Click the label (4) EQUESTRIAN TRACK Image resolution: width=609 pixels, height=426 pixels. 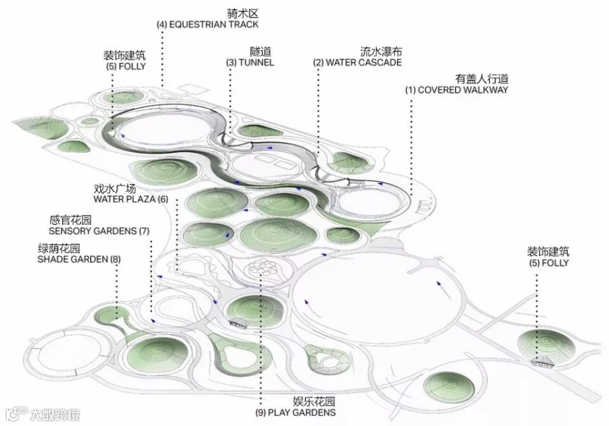click(208, 24)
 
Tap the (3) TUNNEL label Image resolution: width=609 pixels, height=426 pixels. click(250, 62)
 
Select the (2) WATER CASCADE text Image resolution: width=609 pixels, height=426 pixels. click(357, 62)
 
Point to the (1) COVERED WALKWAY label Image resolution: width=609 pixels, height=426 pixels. click(457, 90)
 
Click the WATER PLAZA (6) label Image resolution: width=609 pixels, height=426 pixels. click(131, 199)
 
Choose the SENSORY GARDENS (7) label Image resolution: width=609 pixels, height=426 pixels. click(99, 231)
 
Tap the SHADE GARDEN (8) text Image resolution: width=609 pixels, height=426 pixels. click(79, 259)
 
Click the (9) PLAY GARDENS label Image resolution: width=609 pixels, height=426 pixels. click(296, 412)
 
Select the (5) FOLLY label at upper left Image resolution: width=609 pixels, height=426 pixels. click(126, 66)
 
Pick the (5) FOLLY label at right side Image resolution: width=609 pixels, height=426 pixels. click(549, 263)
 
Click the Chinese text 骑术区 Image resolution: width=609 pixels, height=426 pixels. click(243, 14)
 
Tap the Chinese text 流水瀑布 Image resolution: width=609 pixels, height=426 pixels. click(381, 51)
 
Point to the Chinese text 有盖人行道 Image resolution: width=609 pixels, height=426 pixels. click(482, 79)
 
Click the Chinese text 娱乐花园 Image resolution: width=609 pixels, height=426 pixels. click(314, 402)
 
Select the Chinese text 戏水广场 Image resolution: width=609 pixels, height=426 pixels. click(115, 188)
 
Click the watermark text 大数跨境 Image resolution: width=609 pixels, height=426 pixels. click(55, 414)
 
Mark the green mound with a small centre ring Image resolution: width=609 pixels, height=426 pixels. click(449, 387)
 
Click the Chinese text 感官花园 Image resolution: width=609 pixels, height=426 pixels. click(70, 220)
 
